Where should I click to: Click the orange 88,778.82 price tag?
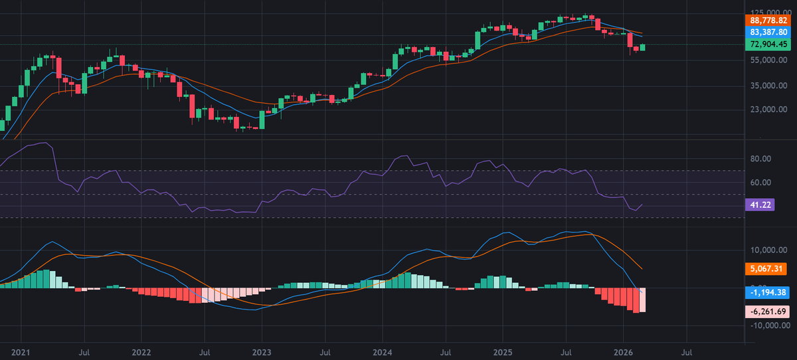(768, 21)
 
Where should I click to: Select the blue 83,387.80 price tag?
(768, 33)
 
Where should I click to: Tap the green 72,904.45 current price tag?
(768, 44)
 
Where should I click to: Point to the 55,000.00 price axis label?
(768, 60)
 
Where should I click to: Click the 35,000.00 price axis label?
(768, 86)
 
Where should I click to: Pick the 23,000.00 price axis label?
(768, 109)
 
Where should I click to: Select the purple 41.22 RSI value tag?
(760, 205)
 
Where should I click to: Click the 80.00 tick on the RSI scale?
(760, 159)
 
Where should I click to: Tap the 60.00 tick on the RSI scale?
(760, 183)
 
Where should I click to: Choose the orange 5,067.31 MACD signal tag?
(766, 268)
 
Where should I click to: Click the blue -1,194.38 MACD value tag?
(768, 292)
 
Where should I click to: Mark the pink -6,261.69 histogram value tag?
(768, 312)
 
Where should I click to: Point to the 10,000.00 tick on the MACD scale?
(768, 250)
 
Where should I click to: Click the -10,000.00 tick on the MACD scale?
(770, 325)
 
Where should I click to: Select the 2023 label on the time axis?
(262, 353)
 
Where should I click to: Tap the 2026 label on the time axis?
(624, 353)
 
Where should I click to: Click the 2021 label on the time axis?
(21, 353)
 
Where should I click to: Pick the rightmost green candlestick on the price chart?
(642, 47)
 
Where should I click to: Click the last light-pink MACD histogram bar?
(642, 300)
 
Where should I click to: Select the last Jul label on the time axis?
(687, 353)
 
